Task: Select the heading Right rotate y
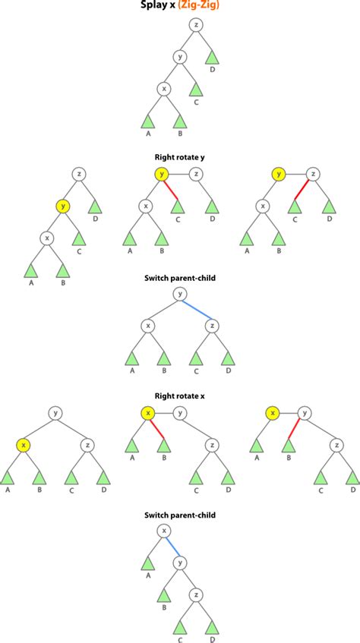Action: [x=180, y=158]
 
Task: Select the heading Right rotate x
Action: [x=180, y=395]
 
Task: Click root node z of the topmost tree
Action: [x=197, y=25]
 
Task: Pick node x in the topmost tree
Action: [x=163, y=89]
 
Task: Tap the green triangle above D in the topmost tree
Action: [x=213, y=57]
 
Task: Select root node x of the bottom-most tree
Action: [x=163, y=531]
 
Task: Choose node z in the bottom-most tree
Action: [x=197, y=594]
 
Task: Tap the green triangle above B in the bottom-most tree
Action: [x=163, y=595]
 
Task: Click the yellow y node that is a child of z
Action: [x=62, y=206]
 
